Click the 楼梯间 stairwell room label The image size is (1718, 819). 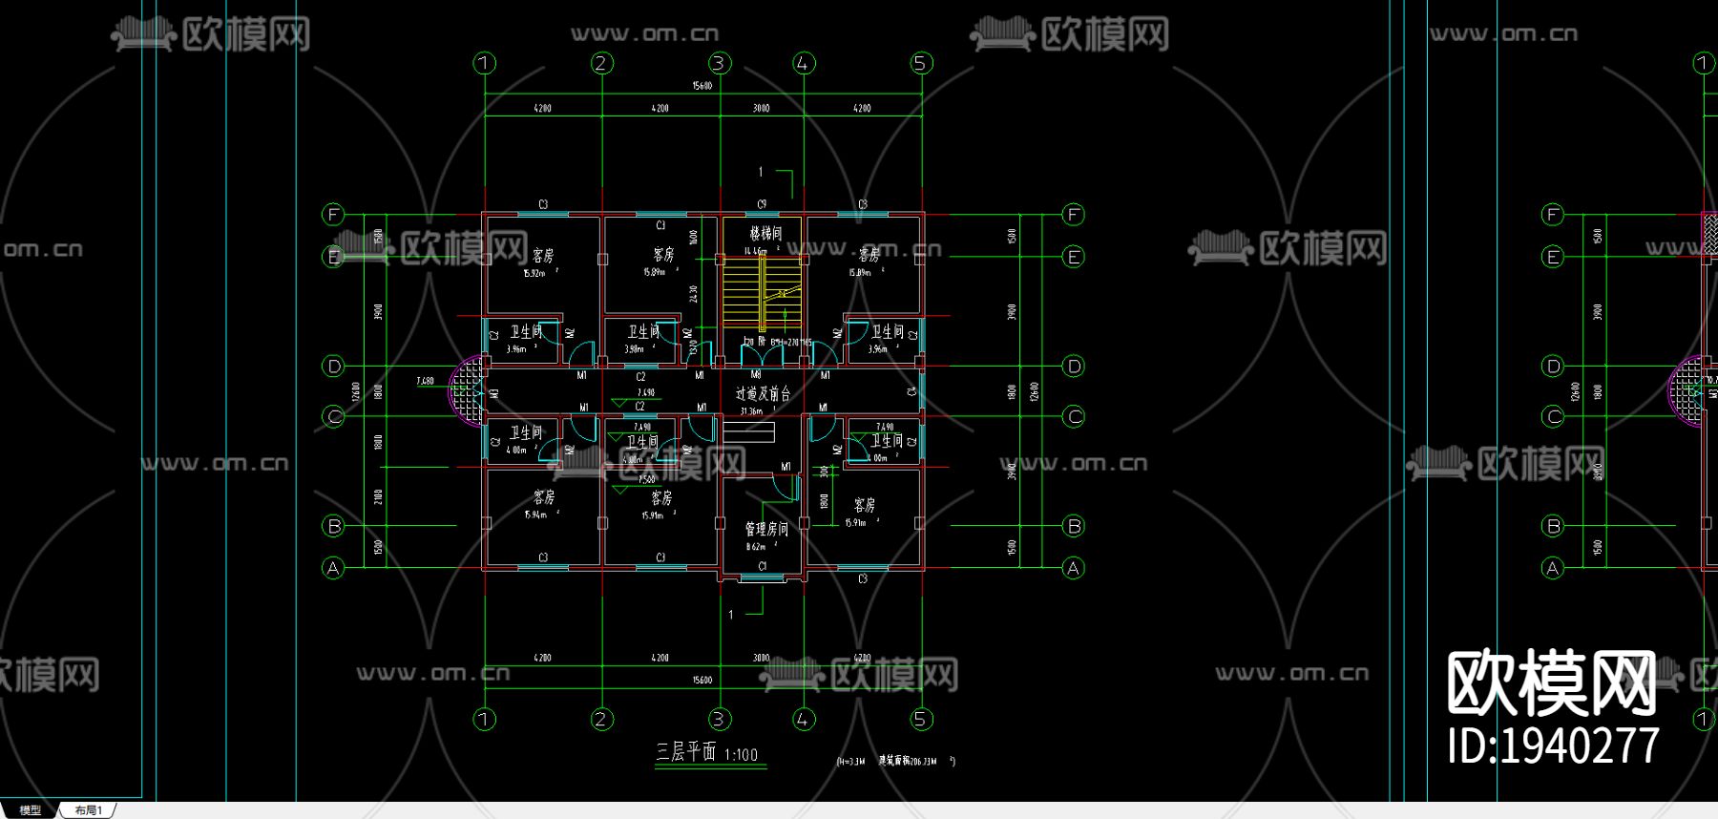[765, 233]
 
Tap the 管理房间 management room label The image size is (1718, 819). [766, 529]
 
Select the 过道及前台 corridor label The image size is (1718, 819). [763, 393]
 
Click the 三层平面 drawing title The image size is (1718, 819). [685, 752]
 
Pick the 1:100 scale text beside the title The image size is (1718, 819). [741, 755]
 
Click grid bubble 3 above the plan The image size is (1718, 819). [719, 63]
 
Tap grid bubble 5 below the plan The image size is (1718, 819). [920, 719]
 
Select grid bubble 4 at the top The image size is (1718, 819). [804, 63]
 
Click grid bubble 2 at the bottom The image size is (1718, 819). [601, 719]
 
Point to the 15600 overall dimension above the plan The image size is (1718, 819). [702, 86]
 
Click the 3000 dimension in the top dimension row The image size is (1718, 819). [761, 109]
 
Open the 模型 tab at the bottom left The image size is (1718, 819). [30, 810]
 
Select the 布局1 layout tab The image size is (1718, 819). [88, 810]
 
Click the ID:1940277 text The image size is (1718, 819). [1553, 745]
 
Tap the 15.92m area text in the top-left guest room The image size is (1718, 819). [534, 274]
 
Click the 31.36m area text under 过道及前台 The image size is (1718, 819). [751, 411]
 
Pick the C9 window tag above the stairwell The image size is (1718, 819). [762, 204]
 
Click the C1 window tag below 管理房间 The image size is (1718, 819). [762, 566]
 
